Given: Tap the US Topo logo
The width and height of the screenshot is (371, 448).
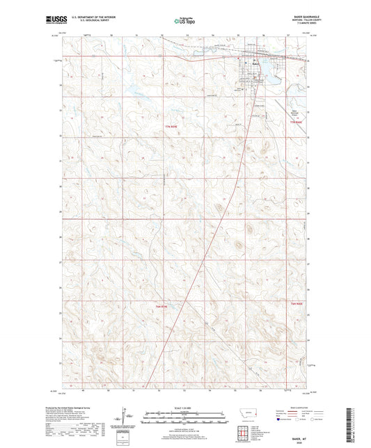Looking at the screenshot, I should (184, 22).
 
